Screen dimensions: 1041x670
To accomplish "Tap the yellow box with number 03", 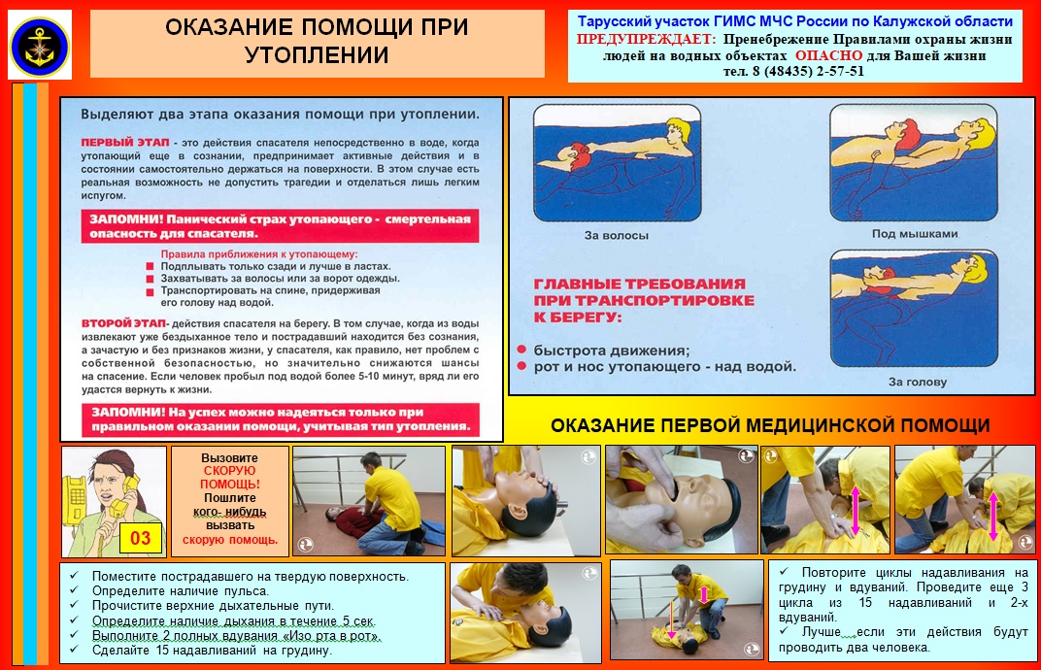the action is (141, 538).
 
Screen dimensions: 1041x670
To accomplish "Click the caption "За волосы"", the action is (616, 235).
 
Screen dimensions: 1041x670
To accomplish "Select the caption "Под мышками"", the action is (915, 234).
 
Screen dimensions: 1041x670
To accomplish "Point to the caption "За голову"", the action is (918, 382).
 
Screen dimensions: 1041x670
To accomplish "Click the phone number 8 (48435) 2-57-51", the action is (808, 71).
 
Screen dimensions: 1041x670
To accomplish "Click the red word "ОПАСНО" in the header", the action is (828, 55).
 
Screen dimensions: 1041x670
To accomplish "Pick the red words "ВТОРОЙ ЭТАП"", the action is (123, 323).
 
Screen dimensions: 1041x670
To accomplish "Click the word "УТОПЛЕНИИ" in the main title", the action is (317, 54).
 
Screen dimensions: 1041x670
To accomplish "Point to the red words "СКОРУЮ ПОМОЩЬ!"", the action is (230, 478).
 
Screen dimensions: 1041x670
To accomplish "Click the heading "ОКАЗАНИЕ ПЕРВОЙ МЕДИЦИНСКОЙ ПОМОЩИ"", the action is (770, 425).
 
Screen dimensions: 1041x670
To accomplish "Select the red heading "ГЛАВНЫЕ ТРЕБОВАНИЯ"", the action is (640, 284).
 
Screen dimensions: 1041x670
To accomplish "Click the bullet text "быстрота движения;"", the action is (612, 351).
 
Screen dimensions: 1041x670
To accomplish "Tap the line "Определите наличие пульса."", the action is (181, 591).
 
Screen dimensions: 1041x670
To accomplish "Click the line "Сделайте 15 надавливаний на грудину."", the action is (211, 650).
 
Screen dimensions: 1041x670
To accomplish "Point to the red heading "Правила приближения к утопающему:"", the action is (259, 253).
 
